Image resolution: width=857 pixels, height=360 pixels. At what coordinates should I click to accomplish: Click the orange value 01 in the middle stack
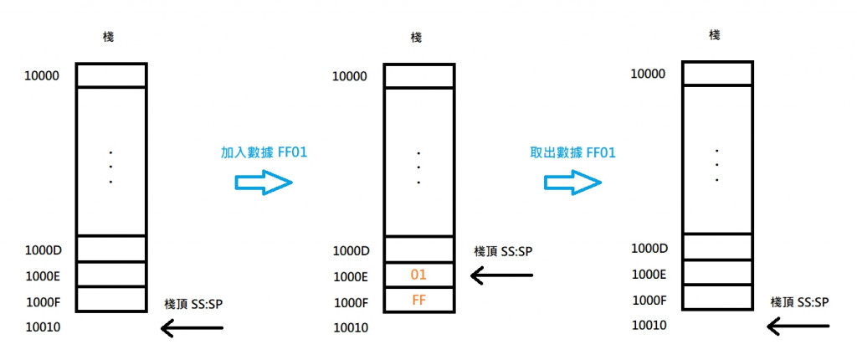tap(419, 275)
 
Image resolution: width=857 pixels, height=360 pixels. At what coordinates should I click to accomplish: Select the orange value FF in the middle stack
tap(419, 300)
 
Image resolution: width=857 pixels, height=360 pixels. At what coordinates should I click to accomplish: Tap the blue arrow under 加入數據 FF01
tap(264, 183)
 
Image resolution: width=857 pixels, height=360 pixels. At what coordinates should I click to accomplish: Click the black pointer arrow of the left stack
tap(192, 329)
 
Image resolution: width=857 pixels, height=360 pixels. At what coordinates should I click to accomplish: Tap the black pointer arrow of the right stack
tap(799, 327)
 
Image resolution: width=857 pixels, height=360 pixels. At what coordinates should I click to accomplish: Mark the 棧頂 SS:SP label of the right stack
tap(799, 301)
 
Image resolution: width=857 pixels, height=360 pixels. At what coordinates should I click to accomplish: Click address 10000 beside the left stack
tap(43, 75)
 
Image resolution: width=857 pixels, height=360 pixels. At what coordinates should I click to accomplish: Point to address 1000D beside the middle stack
tap(351, 250)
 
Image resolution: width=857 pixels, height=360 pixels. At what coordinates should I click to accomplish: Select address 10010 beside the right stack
tap(649, 324)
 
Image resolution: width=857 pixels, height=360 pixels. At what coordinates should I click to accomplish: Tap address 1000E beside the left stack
tap(42, 275)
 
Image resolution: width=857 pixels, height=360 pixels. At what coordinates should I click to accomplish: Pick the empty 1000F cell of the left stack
tap(110, 300)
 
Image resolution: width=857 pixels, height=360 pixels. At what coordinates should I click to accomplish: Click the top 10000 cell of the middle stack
tap(419, 75)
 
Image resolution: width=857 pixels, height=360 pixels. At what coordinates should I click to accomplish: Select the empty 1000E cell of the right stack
tap(716, 273)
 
